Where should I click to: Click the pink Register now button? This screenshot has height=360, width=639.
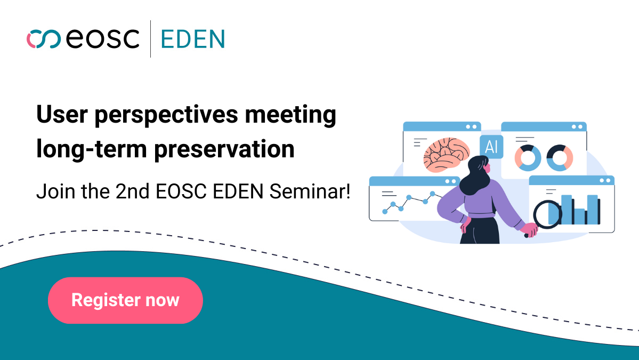[x=125, y=300]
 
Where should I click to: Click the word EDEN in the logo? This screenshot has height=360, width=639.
[x=193, y=39]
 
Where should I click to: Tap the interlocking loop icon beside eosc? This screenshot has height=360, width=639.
[x=44, y=39]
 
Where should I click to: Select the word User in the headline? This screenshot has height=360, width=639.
[x=62, y=114]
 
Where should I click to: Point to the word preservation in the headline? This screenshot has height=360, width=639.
[x=224, y=149]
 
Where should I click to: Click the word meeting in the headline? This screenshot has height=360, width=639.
[x=290, y=115]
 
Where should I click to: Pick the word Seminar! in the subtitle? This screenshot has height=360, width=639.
[x=310, y=191]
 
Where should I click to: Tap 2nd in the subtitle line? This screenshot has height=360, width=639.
[x=133, y=191]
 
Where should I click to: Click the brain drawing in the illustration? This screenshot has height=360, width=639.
[x=446, y=155]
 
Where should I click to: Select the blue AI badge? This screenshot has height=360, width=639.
[x=491, y=146]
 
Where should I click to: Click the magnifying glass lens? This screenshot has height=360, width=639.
[x=547, y=214]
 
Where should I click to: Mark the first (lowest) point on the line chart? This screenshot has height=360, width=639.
[x=385, y=212]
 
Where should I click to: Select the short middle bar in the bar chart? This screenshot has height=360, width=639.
[x=579, y=217]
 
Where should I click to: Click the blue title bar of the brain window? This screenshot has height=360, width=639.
[x=442, y=126]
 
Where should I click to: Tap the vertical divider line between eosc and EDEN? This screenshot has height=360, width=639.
[x=150, y=39]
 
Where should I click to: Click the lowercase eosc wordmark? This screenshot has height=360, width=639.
[x=102, y=39]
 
